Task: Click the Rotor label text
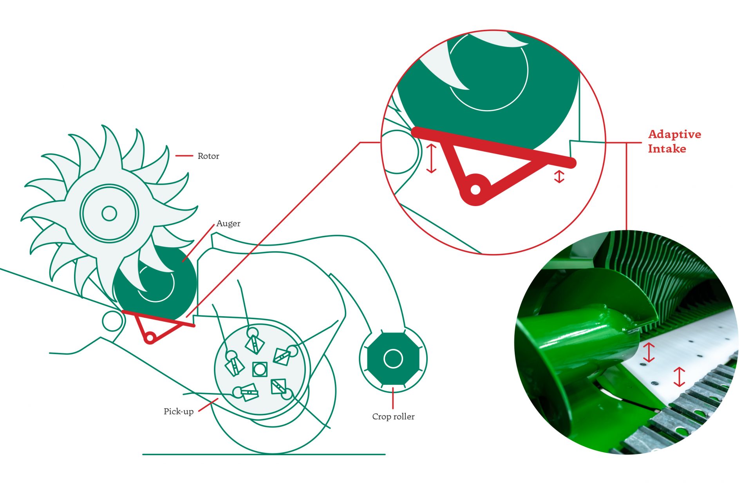click(x=208, y=156)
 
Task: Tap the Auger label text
click(x=228, y=223)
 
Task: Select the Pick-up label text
click(x=179, y=411)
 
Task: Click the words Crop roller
click(x=393, y=416)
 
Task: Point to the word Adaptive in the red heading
click(x=674, y=134)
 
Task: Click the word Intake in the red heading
click(x=667, y=148)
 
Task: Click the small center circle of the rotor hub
click(x=109, y=214)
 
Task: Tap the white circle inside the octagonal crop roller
click(x=393, y=358)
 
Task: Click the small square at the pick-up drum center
click(x=260, y=369)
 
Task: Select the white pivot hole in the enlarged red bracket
click(x=475, y=190)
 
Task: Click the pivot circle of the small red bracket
click(x=150, y=337)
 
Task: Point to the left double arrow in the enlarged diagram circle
click(x=431, y=158)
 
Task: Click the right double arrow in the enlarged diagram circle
click(x=559, y=176)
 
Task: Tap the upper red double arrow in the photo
click(x=649, y=352)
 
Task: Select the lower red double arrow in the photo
click(x=679, y=377)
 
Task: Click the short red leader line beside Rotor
click(x=184, y=156)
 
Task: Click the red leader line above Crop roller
click(x=393, y=398)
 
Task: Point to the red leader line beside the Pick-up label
click(x=208, y=405)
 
